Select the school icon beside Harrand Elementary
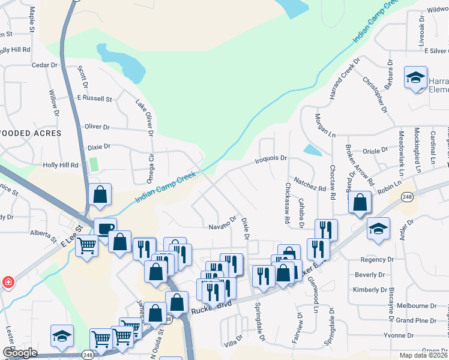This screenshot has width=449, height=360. pos(415,78)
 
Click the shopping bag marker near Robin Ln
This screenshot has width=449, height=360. pos(360,203)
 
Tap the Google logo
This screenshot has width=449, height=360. pos(20,353)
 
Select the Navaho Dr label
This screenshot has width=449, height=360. pos(223,226)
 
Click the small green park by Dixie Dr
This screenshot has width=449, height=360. pos(93,164)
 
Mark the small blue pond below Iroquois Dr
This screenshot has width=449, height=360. pos(312,149)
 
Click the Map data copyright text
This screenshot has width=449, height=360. pos(423,355)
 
